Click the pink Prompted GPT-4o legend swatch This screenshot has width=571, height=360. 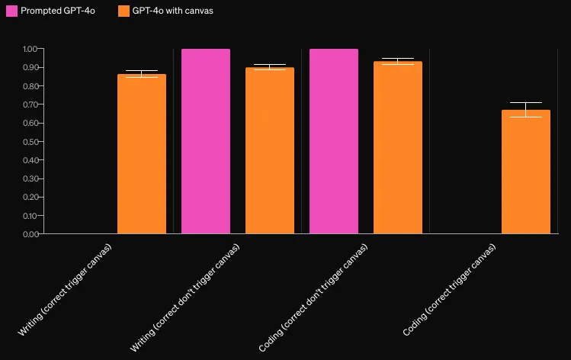[11, 11]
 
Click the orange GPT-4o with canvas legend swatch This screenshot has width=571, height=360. [124, 11]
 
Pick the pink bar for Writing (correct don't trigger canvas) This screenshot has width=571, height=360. [206, 141]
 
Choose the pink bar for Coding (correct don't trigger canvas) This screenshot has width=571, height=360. [334, 141]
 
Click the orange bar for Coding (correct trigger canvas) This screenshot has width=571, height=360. [526, 172]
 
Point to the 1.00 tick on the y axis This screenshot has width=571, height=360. [30, 49]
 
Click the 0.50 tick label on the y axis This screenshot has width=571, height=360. [30, 141]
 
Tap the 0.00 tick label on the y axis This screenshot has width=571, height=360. [30, 234]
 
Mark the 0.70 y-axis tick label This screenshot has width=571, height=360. [30, 104]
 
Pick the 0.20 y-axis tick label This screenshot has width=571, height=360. [30, 197]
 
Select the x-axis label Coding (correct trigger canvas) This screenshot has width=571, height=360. [450, 291]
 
